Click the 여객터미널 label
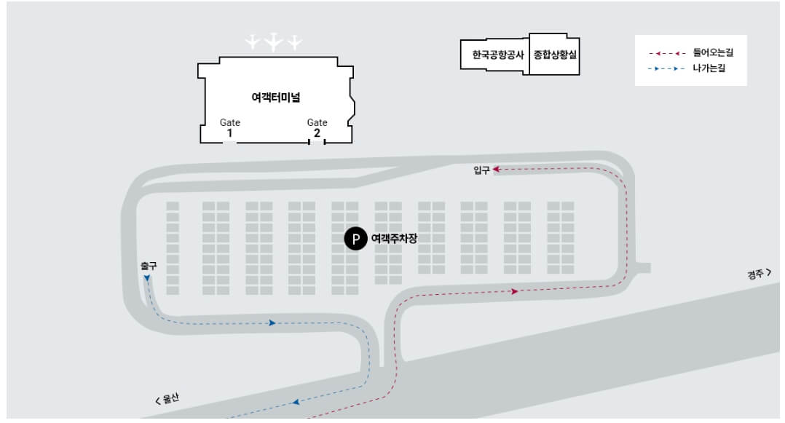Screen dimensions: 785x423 [276, 98]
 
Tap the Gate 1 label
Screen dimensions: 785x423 [230, 128]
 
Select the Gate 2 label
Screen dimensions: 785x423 [317, 128]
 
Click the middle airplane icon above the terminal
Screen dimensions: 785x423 [273, 42]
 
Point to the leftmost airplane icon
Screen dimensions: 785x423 [253, 42]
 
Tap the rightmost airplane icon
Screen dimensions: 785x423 [294, 42]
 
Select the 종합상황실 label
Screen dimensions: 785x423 [554, 55]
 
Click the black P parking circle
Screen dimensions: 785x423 [355, 239]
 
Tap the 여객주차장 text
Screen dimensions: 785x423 [394, 239]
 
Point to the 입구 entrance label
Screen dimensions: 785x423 [481, 170]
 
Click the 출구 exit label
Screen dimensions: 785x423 [149, 266]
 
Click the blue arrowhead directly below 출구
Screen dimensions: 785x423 [148, 278]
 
